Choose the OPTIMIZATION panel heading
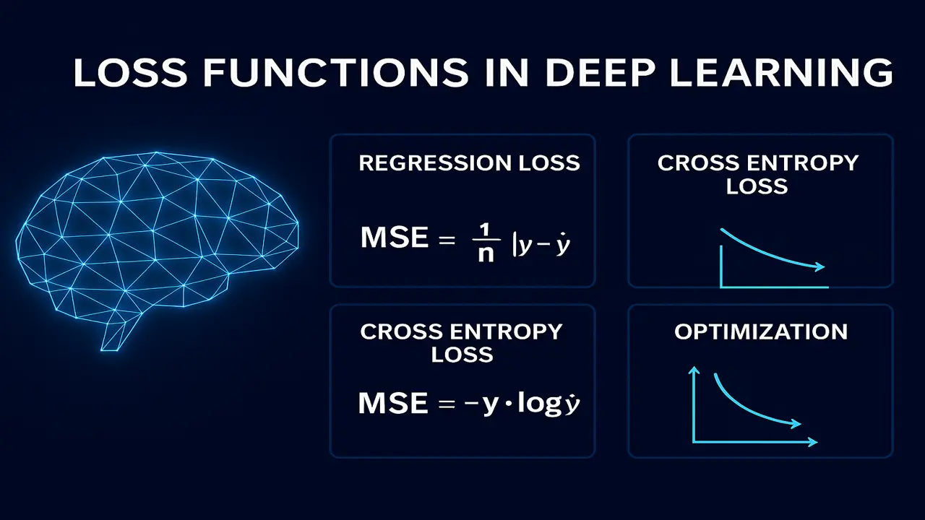tap(761, 331)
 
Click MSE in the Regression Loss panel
tap(393, 238)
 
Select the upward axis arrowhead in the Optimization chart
tap(694, 372)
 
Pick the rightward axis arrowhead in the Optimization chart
tap(813, 441)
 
